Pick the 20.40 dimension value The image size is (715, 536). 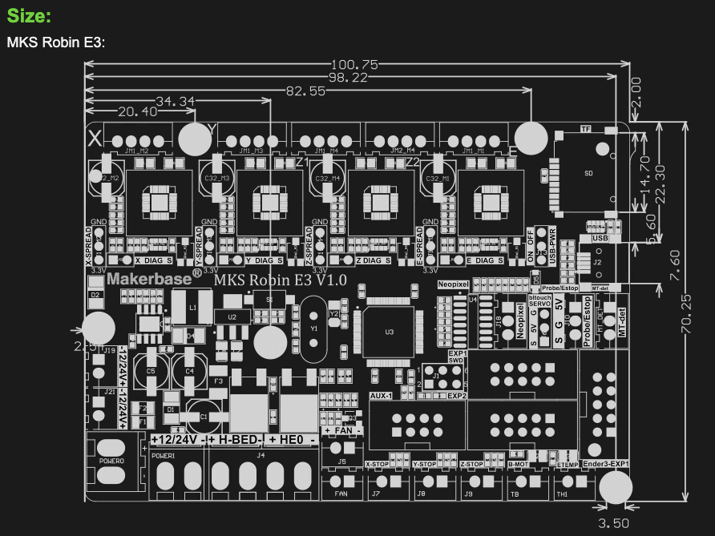tap(137, 112)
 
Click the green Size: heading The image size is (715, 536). tap(29, 17)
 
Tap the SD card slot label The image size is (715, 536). tap(589, 174)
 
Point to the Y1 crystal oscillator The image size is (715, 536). tap(313, 328)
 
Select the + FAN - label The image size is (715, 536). tap(343, 431)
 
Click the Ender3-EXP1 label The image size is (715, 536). tap(606, 464)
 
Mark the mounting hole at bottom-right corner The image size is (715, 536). tap(615, 487)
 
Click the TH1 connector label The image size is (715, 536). tap(562, 494)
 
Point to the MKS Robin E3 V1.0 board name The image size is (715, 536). tap(279, 280)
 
